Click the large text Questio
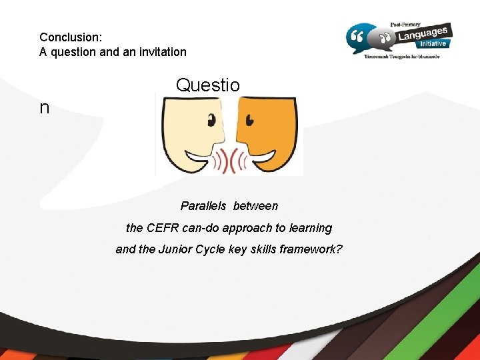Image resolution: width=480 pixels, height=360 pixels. click(x=207, y=85)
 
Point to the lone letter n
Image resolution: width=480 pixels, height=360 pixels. click(x=44, y=107)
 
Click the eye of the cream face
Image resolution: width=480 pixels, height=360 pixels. click(x=213, y=121)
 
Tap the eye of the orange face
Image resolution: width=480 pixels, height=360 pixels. click(x=249, y=121)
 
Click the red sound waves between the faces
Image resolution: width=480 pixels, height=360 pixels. click(x=230, y=161)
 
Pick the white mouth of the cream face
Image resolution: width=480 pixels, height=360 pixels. click(x=199, y=157)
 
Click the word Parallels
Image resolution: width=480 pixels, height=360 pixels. click(x=203, y=206)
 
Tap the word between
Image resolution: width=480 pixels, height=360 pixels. click(x=255, y=206)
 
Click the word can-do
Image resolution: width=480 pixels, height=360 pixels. click(x=203, y=228)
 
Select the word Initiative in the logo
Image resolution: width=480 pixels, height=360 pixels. click(x=433, y=44)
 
